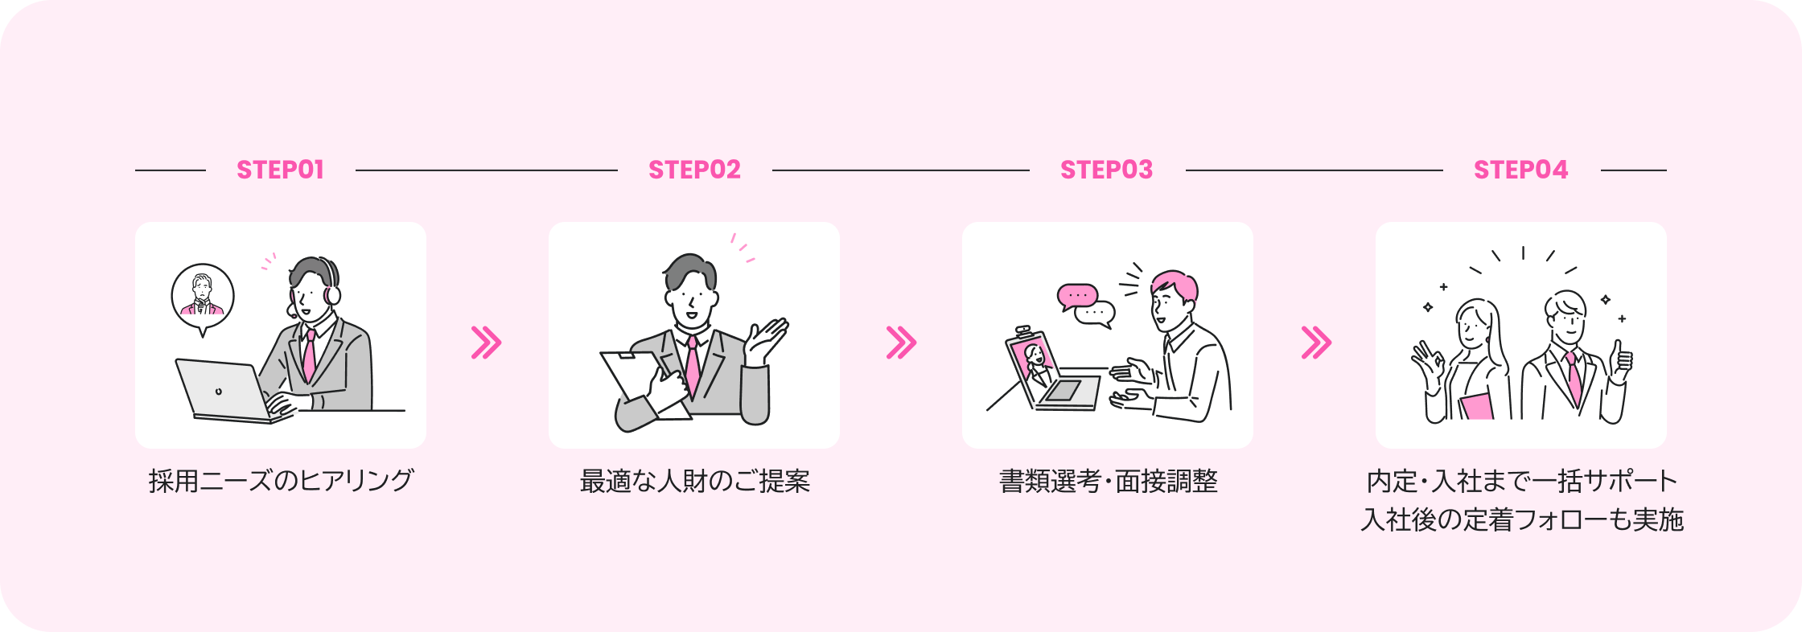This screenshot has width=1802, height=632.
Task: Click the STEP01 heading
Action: click(x=280, y=170)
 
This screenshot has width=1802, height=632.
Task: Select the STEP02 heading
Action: click(x=694, y=170)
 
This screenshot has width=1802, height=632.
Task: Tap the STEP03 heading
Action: click(x=1106, y=170)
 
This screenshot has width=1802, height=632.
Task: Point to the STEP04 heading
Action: click(x=1520, y=170)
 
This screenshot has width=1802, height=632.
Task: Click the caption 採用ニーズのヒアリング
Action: click(x=281, y=481)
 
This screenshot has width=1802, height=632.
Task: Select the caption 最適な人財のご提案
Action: click(x=694, y=481)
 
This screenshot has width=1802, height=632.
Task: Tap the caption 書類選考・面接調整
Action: click(x=1108, y=481)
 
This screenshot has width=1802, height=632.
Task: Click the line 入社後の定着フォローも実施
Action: click(x=1521, y=519)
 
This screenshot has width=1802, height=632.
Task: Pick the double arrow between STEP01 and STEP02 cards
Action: click(x=486, y=343)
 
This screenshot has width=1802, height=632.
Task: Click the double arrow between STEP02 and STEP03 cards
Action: click(x=901, y=343)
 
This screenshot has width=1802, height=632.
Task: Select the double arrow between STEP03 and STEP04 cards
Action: click(x=1316, y=343)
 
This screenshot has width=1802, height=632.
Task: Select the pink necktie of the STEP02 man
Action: click(x=693, y=367)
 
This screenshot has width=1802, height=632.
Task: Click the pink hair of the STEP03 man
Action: click(x=1176, y=285)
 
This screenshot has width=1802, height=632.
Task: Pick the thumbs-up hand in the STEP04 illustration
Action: click(x=1621, y=361)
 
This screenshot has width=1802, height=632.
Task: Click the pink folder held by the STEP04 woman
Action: click(x=1476, y=406)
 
